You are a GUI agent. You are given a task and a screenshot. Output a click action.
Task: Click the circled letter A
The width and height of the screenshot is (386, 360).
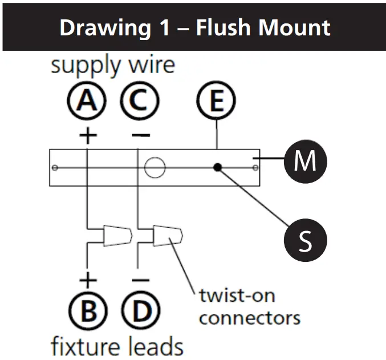(x=87, y=100)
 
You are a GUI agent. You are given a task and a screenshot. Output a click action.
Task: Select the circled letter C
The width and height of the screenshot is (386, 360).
(x=140, y=100)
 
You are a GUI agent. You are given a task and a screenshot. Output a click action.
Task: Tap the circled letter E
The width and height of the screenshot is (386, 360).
(x=216, y=100)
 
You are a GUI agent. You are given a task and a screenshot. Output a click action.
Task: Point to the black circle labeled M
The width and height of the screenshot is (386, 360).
(x=306, y=161)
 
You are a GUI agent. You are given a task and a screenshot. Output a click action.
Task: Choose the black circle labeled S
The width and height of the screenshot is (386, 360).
(x=306, y=240)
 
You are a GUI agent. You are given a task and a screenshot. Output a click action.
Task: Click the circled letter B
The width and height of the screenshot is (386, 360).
(x=88, y=310)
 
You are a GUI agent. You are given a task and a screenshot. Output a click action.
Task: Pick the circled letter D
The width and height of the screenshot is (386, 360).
(x=141, y=310)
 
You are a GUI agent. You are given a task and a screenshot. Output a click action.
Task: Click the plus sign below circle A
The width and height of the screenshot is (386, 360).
(x=88, y=135)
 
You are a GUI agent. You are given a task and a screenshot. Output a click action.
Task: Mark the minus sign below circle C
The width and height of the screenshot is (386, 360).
(x=141, y=135)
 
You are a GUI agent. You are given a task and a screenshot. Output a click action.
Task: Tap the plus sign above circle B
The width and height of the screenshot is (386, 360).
(x=88, y=280)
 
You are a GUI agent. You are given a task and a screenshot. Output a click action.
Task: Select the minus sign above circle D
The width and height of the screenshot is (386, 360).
(x=141, y=280)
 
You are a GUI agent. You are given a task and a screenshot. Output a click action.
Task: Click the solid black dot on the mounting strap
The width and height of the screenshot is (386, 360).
(x=218, y=168)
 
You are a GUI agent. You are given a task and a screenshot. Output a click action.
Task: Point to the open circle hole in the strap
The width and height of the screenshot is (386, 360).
(x=155, y=168)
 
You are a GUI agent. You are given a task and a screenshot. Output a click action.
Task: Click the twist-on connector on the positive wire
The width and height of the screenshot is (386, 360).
(x=117, y=235)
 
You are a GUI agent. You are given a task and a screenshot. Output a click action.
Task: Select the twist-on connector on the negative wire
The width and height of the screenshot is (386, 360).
(x=168, y=235)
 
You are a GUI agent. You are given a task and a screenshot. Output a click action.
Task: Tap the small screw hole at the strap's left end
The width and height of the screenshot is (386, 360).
(x=55, y=168)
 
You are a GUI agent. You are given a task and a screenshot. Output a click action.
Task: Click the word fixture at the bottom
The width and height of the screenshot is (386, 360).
(x=85, y=346)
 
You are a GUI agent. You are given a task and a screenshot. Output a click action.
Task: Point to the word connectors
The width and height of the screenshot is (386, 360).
(x=250, y=318)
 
